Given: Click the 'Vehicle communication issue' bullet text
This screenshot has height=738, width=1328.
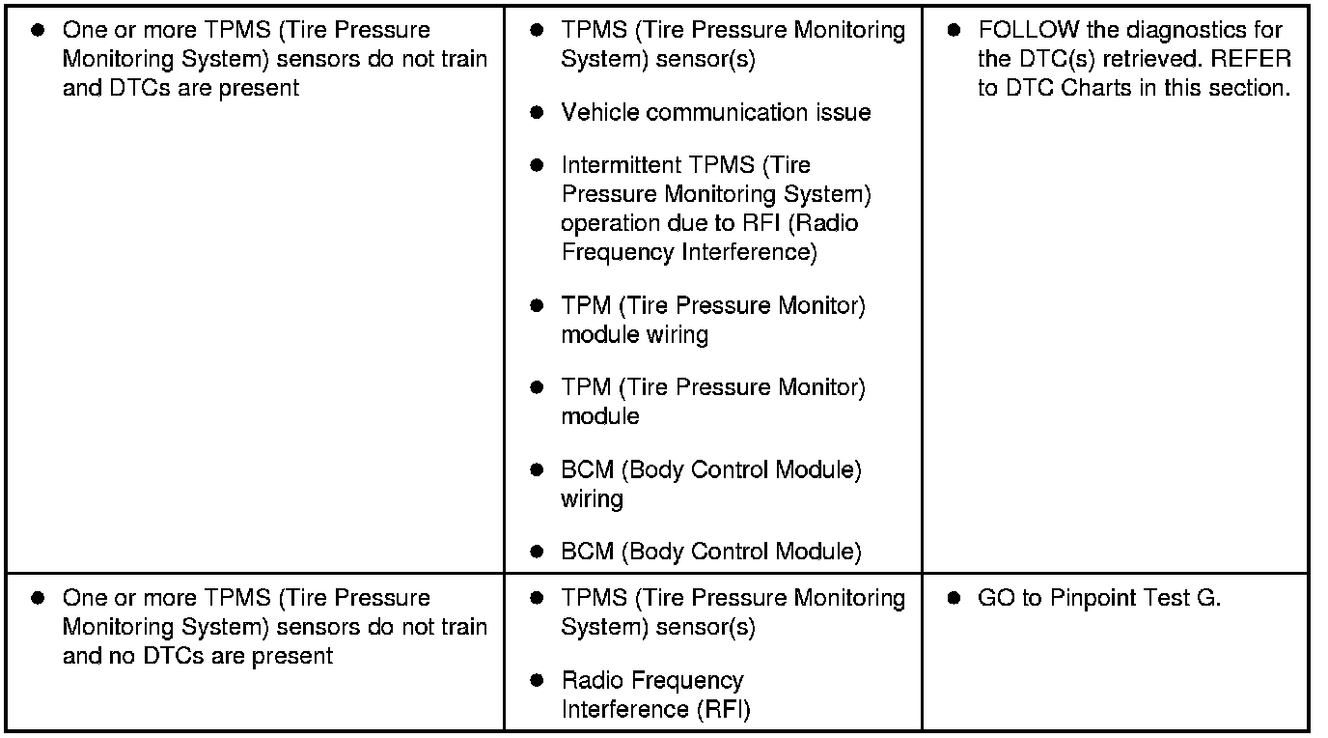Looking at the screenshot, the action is tap(715, 113).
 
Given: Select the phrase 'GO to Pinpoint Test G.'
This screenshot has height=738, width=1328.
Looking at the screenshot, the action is tap(1099, 598).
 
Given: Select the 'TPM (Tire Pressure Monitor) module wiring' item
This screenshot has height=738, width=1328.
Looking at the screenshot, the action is tap(713, 321).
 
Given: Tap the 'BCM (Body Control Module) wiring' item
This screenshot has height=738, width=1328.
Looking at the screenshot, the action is tap(711, 485).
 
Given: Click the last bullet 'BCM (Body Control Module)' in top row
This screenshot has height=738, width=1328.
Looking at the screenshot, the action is tap(711, 553).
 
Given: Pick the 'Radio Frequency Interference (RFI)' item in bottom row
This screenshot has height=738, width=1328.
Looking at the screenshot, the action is tap(655, 695).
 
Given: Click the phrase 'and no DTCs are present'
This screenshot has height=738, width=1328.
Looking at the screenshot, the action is tap(198, 657).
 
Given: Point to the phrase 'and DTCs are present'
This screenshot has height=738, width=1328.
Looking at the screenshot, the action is tap(180, 88).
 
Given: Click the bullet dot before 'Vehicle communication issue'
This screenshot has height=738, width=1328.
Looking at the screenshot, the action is tap(538, 113).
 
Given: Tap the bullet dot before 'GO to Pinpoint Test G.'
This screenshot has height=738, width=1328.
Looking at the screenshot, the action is tap(954, 598).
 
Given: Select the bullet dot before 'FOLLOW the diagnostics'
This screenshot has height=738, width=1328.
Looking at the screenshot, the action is tap(954, 31).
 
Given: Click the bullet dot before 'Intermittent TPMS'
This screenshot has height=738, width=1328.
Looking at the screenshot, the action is tap(538, 166).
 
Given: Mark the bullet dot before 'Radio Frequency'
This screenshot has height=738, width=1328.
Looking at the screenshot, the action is tap(538, 681).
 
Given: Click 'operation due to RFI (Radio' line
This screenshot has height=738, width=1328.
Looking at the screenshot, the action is tap(709, 224).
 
